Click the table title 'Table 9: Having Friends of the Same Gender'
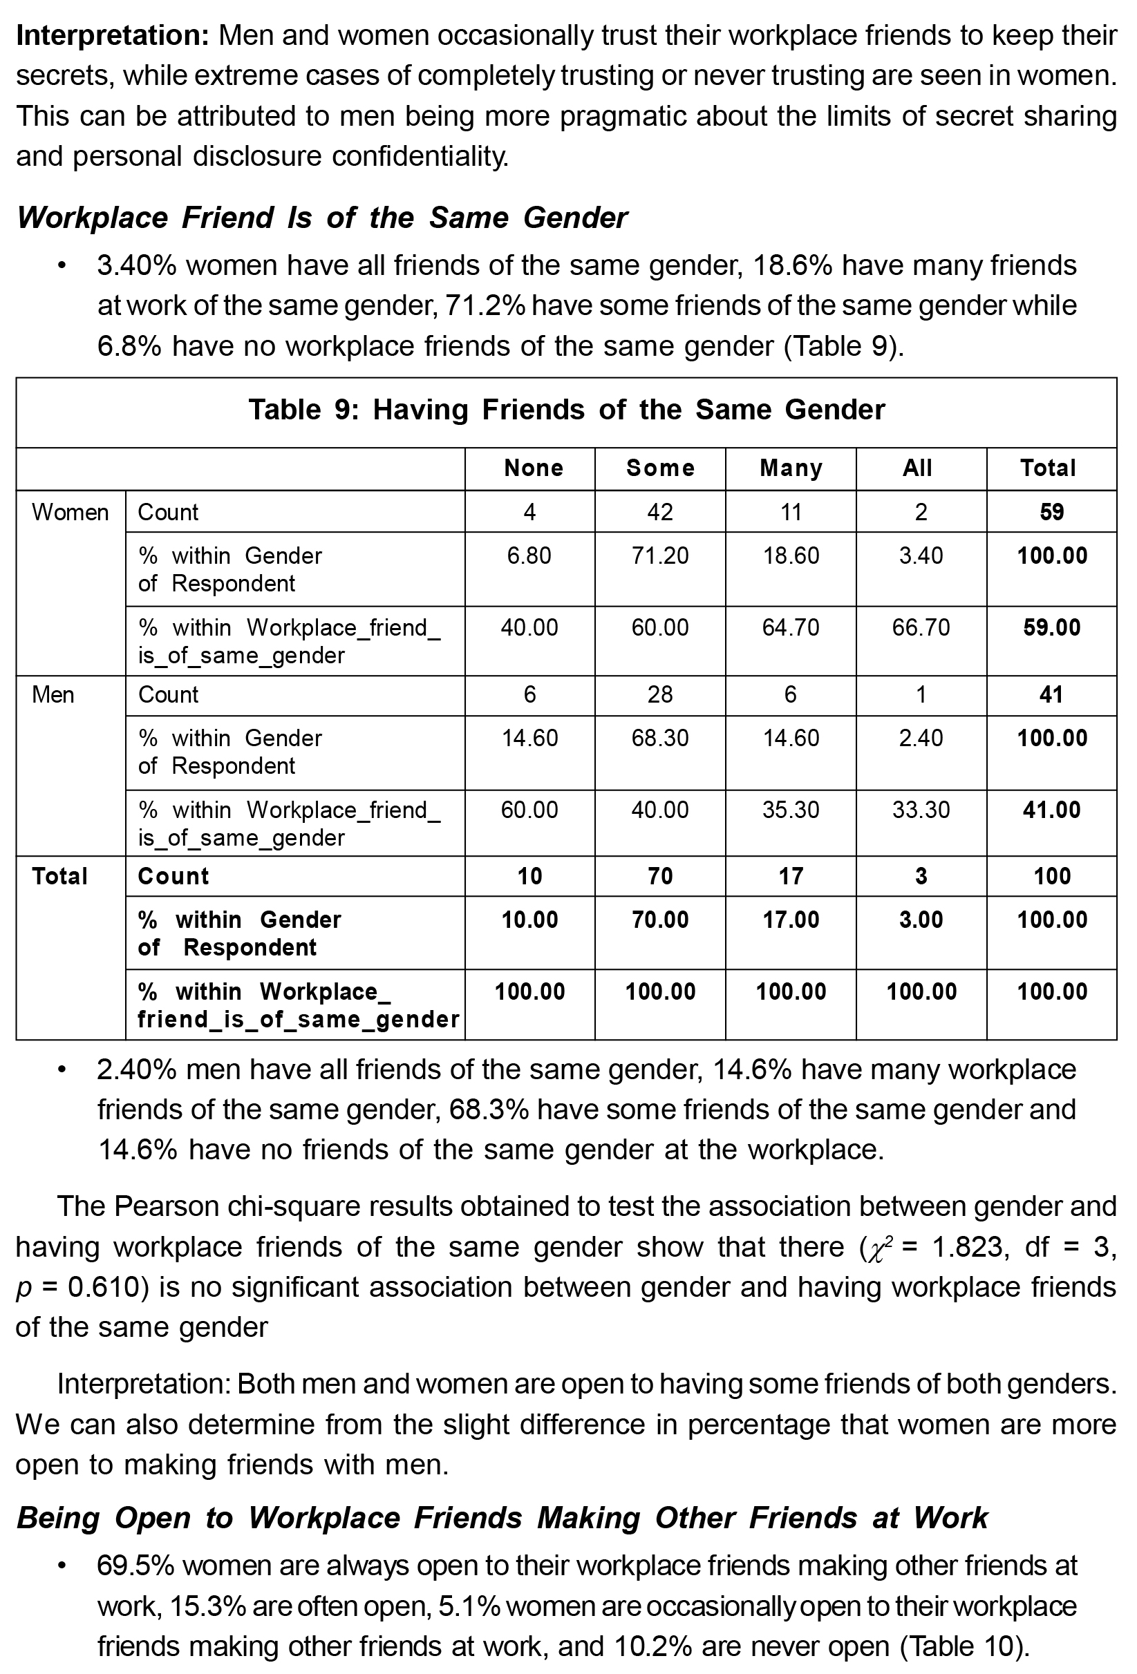[566, 410]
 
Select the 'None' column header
[533, 468]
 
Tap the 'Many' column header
[791, 468]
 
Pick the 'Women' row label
[70, 512]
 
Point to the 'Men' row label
[53, 694]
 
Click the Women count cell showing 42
[660, 512]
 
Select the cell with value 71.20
[660, 555]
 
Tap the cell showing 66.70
[921, 627]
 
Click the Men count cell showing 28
[660, 694]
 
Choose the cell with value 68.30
[660, 738]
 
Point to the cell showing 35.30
[791, 810]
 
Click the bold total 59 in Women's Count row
[1051, 512]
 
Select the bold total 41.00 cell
[1051, 810]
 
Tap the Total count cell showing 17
[791, 876]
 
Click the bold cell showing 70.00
[660, 920]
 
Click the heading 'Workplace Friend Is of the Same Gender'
[321, 218]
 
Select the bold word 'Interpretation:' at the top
[113, 35]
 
